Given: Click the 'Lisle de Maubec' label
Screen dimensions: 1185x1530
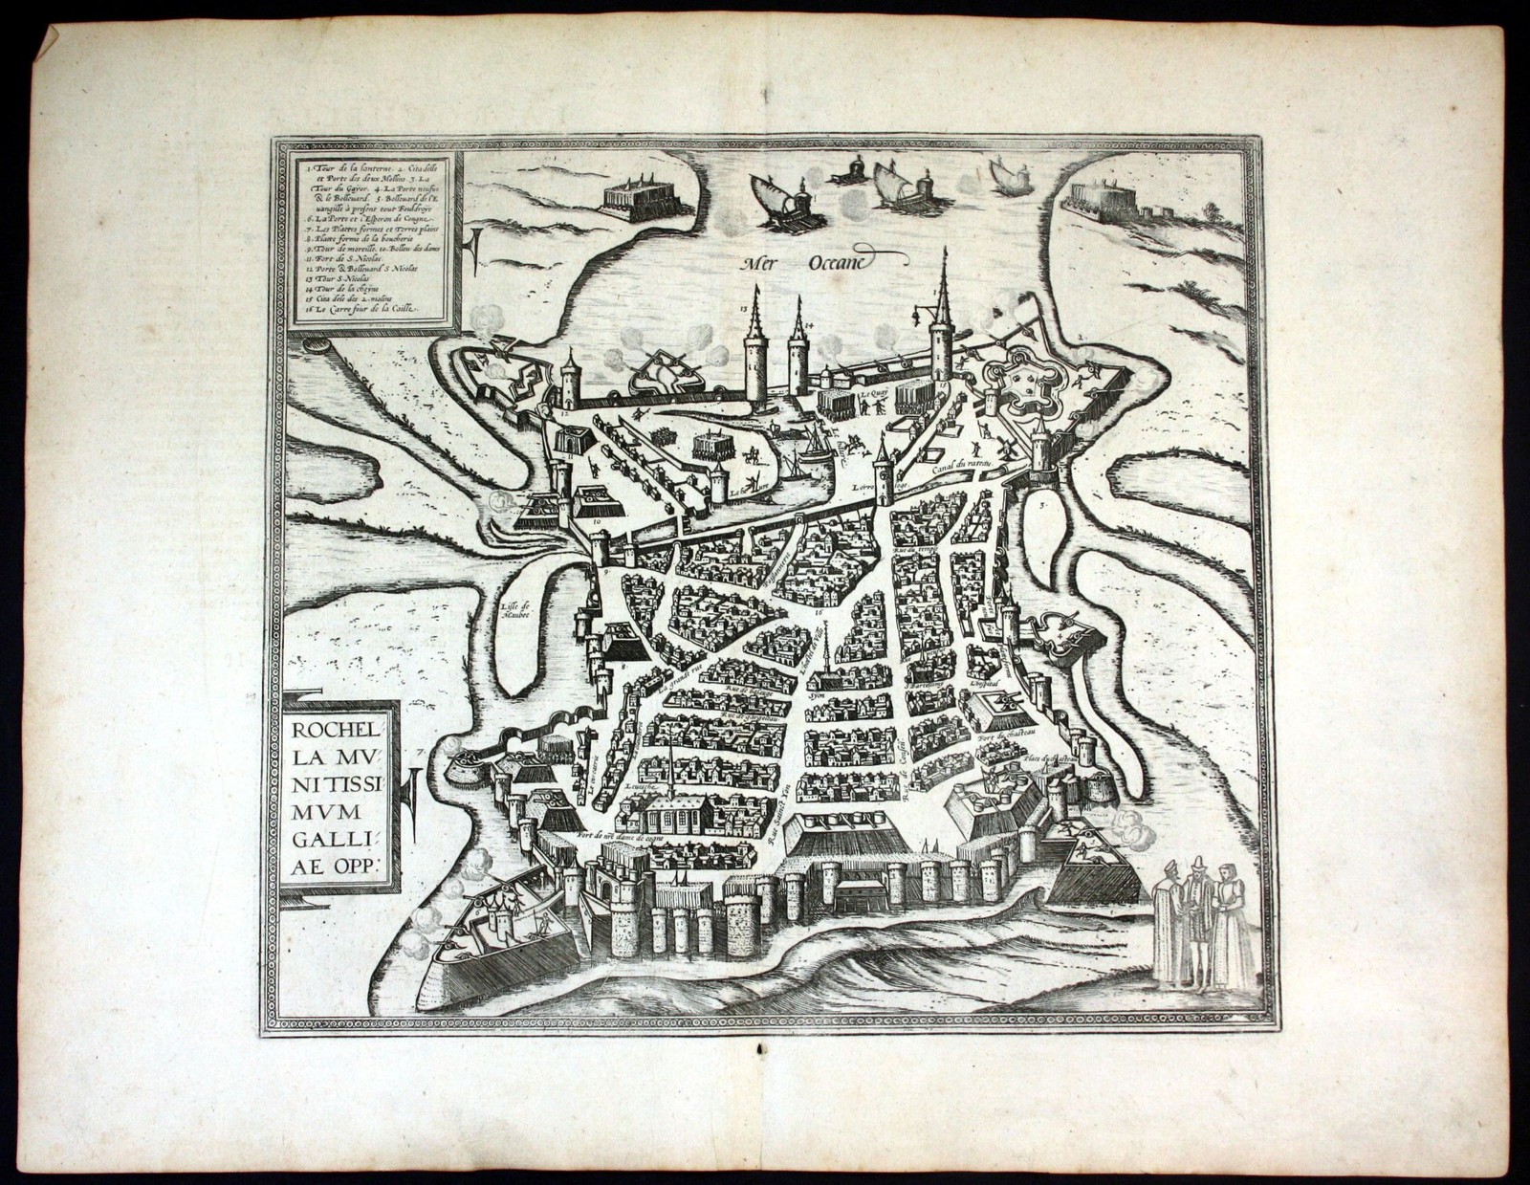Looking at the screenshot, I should click(x=514, y=609).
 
